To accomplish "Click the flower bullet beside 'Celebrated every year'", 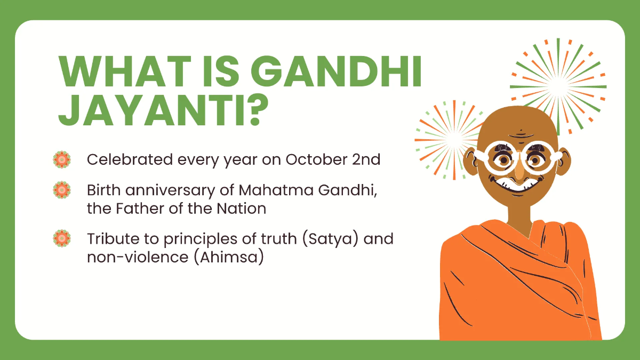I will pos(62,159).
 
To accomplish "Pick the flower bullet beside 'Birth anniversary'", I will pos(62,189).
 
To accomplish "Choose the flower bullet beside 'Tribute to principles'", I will pos(62,238).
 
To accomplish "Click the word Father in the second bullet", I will pos(140,208).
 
